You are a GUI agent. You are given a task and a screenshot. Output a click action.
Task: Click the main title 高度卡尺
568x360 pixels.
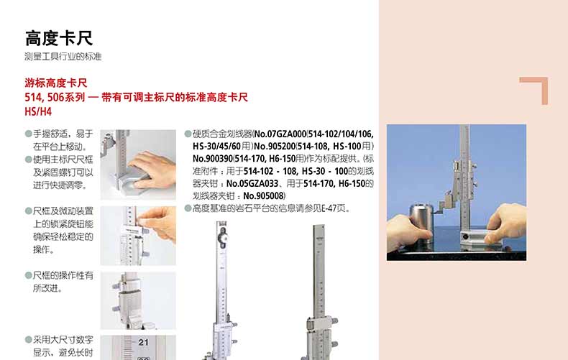[x=59, y=38]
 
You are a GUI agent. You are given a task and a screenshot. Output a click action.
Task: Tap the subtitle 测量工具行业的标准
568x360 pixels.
[x=63, y=57]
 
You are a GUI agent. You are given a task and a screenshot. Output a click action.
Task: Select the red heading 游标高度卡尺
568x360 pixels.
[x=56, y=83]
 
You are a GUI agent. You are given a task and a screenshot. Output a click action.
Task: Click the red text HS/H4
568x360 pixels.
[x=38, y=111]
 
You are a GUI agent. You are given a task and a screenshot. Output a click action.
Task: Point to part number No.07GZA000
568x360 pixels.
[x=280, y=134]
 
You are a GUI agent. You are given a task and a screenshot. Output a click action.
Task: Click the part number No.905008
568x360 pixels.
[x=263, y=196]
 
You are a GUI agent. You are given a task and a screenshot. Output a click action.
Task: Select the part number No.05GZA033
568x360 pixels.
[x=252, y=184]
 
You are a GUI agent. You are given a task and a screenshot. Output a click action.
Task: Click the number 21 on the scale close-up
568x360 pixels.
[x=144, y=342]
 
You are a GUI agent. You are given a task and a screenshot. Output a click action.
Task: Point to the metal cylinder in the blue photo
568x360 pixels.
[x=421, y=224]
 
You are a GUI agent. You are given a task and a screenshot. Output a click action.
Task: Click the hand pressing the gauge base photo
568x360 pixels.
[x=138, y=165]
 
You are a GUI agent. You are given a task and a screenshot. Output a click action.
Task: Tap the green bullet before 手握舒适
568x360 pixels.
[x=28, y=134]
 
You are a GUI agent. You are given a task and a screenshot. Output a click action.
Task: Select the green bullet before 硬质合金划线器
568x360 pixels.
[x=188, y=134]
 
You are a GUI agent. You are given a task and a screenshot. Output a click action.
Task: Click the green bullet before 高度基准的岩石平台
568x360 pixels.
[x=188, y=208]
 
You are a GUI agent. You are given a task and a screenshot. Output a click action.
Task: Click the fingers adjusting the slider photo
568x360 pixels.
[x=138, y=236]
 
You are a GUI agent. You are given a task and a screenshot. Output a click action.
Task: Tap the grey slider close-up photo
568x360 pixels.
[x=138, y=300]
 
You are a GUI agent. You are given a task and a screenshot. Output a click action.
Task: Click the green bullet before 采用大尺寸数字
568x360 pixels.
[x=28, y=339]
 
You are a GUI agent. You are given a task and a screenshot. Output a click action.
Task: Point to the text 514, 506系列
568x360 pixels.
[x=55, y=98]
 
